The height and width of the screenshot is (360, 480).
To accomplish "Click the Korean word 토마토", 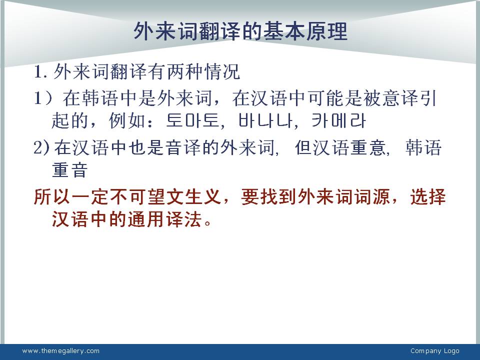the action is [x=192, y=120].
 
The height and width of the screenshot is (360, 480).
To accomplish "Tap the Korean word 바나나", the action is [x=265, y=120].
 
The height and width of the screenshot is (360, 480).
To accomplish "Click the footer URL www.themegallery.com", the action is [x=61, y=351].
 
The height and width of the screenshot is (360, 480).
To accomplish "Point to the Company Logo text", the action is [x=434, y=351].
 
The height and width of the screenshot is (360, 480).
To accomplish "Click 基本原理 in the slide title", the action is [x=305, y=31].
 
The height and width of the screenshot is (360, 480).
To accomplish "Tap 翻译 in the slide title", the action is [x=219, y=31].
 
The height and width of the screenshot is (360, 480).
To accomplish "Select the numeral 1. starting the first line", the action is [x=40, y=72].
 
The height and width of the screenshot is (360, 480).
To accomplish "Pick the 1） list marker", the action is [x=43, y=98].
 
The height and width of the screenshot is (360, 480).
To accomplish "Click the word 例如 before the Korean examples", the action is [x=127, y=120].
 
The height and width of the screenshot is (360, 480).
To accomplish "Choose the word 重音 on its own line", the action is [x=70, y=169].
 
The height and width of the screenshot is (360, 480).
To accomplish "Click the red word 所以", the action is [x=52, y=196].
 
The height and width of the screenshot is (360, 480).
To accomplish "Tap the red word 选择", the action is [x=428, y=196].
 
